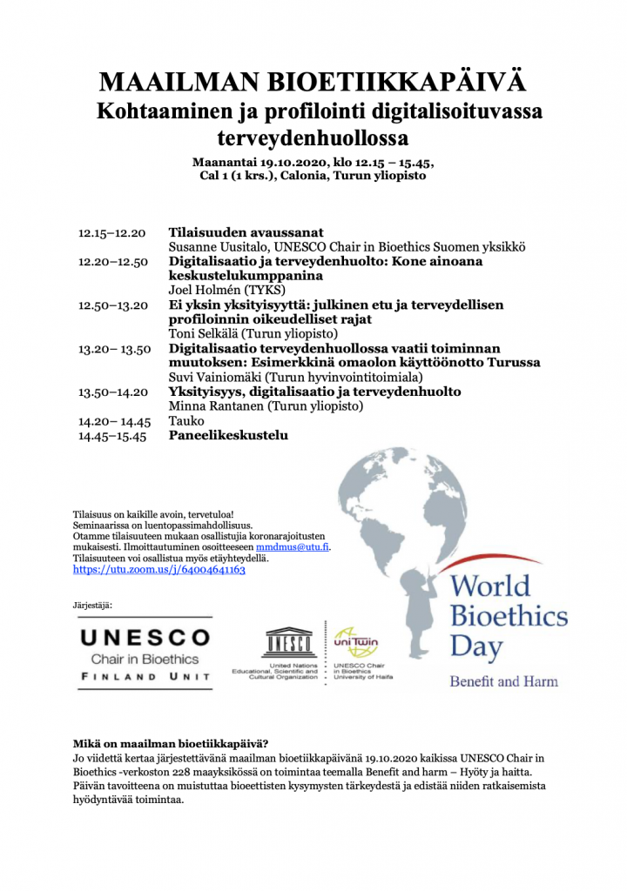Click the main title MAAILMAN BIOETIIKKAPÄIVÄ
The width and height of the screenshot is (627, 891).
point(313,83)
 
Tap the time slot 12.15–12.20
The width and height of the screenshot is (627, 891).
point(112,233)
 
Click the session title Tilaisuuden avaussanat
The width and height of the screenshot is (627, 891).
point(246,233)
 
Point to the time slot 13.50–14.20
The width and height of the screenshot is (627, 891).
point(112,392)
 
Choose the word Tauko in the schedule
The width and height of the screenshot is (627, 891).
point(185,421)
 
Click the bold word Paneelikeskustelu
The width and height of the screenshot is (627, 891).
point(227,436)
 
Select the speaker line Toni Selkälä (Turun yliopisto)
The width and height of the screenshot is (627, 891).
point(252,333)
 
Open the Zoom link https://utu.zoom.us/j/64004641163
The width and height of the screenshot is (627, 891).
point(159,569)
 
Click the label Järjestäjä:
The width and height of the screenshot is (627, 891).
point(93,604)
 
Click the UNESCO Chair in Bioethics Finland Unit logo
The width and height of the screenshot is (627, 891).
point(145,653)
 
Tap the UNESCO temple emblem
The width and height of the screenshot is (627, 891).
point(288,642)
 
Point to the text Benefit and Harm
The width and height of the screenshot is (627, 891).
point(503,680)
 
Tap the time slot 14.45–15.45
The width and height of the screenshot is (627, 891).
point(112,436)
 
